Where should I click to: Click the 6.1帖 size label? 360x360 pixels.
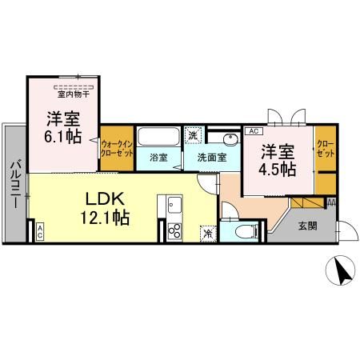tap(62, 138)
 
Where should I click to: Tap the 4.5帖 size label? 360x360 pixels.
tap(277, 169)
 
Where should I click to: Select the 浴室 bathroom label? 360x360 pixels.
tap(158, 157)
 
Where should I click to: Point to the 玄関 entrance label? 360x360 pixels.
tap(306, 226)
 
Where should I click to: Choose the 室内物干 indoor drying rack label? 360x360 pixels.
tap(74, 93)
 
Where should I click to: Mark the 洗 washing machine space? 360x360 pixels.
tap(193, 134)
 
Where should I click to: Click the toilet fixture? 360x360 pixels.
tap(247, 233)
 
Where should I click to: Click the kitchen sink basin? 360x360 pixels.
tap(174, 207)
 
